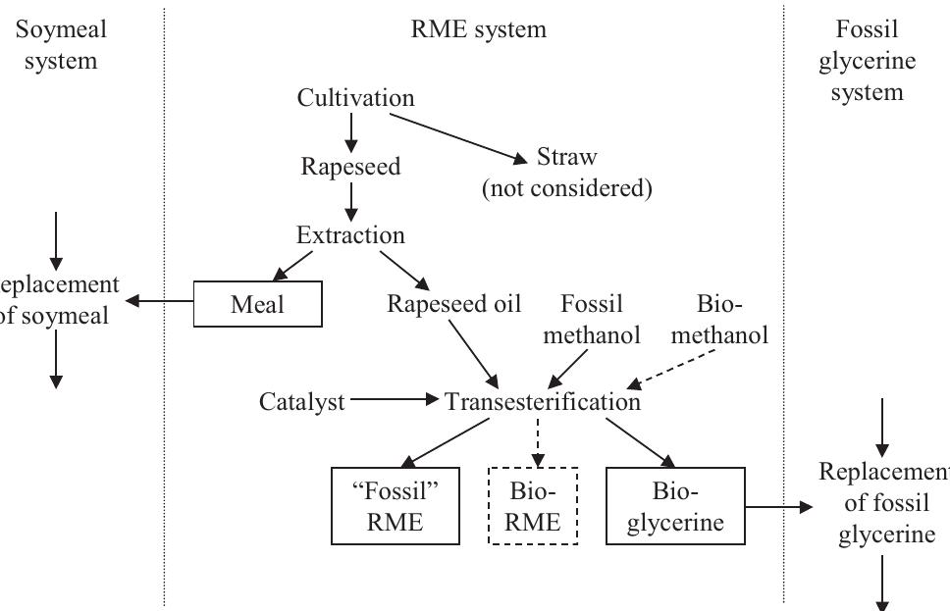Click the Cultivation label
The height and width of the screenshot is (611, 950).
(355, 98)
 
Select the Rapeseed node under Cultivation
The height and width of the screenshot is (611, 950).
(350, 166)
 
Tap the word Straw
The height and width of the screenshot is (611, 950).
(566, 157)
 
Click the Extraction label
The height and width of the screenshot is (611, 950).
(350, 235)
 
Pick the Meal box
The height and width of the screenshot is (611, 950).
(257, 304)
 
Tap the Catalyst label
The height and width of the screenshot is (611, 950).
(302, 401)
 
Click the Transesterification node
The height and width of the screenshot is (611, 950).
(542, 401)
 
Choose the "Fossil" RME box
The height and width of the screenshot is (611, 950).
(395, 505)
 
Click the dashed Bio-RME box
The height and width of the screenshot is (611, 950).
(533, 505)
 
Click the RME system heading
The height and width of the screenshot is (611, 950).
(478, 29)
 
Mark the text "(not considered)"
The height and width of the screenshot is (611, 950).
(566, 188)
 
